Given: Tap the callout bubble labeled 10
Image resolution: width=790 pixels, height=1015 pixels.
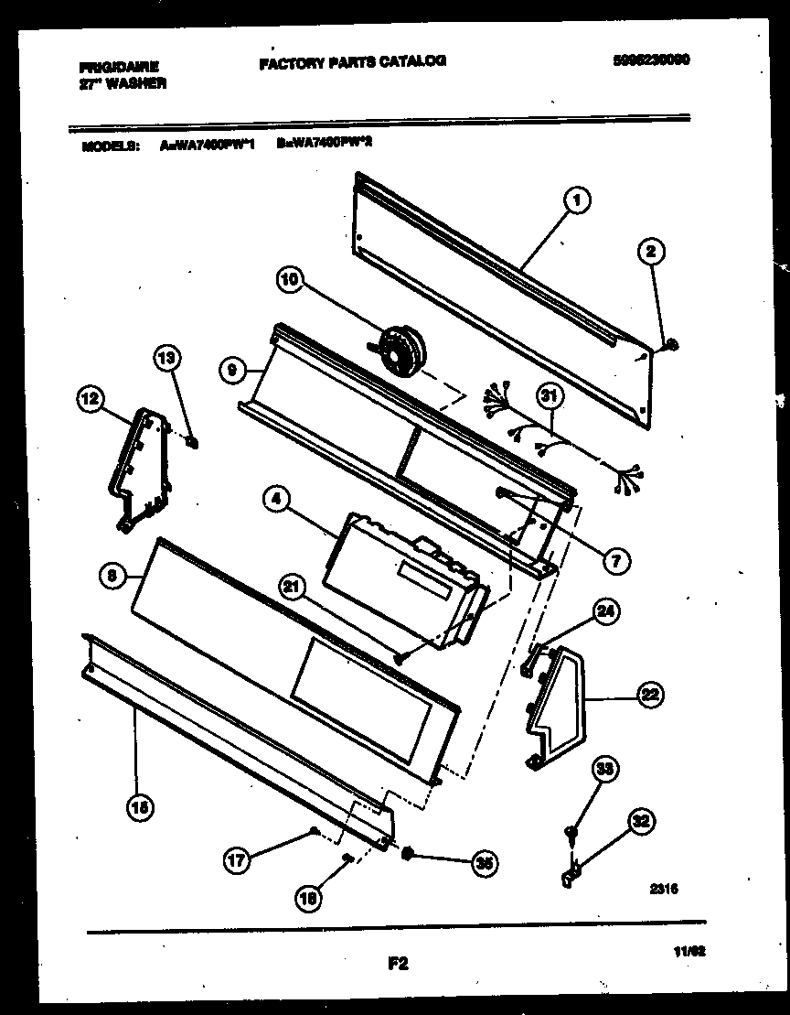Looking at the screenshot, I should [289, 283].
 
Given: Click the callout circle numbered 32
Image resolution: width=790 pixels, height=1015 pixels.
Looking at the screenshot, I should [643, 820].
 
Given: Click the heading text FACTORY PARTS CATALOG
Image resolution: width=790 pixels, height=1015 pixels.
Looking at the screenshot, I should [352, 62].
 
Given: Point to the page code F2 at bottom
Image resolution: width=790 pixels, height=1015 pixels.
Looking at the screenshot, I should [397, 962].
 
